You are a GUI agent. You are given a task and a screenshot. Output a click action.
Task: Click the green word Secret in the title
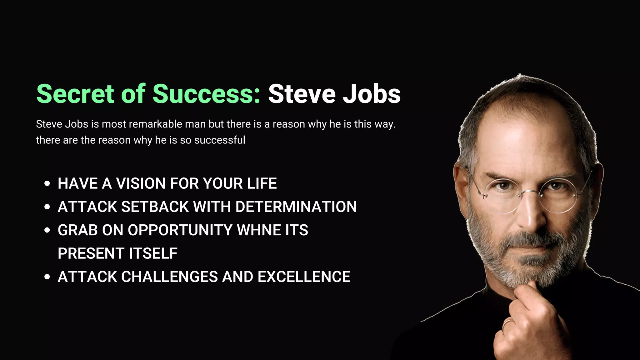(75, 94)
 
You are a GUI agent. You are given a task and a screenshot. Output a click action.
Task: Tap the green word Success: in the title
(206, 94)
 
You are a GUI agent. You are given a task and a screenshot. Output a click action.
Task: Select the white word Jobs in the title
(372, 94)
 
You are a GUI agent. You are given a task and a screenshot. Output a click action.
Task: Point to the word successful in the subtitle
(220, 140)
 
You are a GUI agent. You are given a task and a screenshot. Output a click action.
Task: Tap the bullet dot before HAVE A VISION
(47, 183)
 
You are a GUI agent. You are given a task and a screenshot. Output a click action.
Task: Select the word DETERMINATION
(296, 207)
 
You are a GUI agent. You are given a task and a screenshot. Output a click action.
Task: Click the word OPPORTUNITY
(180, 230)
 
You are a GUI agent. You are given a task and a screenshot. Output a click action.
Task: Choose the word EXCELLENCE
(304, 277)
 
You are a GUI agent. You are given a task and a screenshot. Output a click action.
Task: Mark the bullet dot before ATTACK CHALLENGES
(47, 277)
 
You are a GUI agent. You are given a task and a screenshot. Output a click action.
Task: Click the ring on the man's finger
(507, 323)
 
